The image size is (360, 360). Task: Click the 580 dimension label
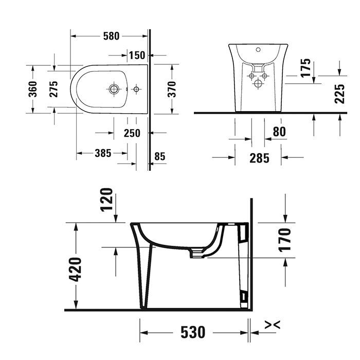[x=111, y=36]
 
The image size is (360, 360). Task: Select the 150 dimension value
[x=137, y=55]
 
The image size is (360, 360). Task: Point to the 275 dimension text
[x=53, y=89]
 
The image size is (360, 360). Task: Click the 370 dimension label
[x=172, y=89]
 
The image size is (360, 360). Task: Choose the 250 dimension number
[x=132, y=133]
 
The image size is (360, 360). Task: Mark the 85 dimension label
[x=159, y=156]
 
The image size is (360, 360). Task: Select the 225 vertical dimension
[x=339, y=94]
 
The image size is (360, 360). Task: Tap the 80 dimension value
[x=279, y=132]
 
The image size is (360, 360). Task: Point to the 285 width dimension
[x=259, y=158]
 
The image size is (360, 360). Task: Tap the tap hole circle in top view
[x=114, y=89]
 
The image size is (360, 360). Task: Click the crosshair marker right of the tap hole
[x=136, y=89]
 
